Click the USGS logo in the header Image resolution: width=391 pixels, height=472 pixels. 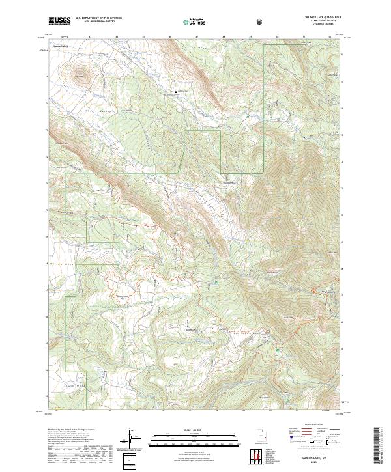tap(59, 21)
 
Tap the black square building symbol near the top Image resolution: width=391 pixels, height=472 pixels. tap(177, 92)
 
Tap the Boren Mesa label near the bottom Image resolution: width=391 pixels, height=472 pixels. tap(263, 396)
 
